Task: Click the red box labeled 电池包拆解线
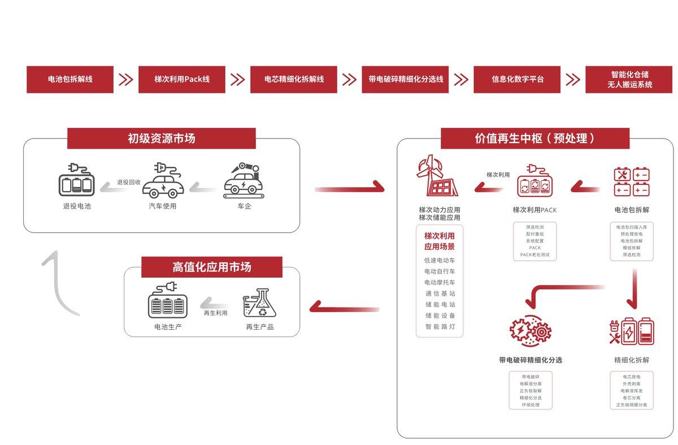click(70, 79)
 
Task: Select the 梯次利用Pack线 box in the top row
click(182, 79)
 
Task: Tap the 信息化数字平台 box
click(517, 79)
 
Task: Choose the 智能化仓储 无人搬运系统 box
click(629, 79)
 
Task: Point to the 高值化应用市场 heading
click(211, 267)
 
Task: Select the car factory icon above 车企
click(244, 180)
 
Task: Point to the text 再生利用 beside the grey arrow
click(216, 313)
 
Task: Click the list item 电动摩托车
click(440, 282)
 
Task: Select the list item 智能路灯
click(440, 326)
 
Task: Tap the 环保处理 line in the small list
click(530, 405)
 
